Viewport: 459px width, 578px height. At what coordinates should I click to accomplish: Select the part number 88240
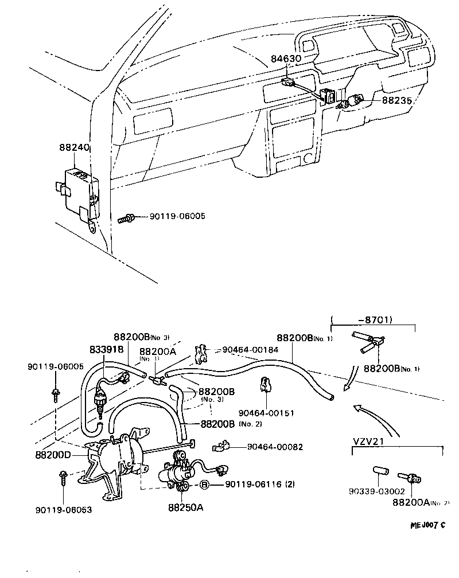pyautogui.click(x=73, y=147)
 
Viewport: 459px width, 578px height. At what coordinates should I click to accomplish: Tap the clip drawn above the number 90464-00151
pyautogui.click(x=265, y=384)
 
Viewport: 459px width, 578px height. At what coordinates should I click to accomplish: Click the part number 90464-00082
pyautogui.click(x=275, y=447)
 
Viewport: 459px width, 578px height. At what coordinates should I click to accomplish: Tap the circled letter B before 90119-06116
pyautogui.click(x=204, y=485)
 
